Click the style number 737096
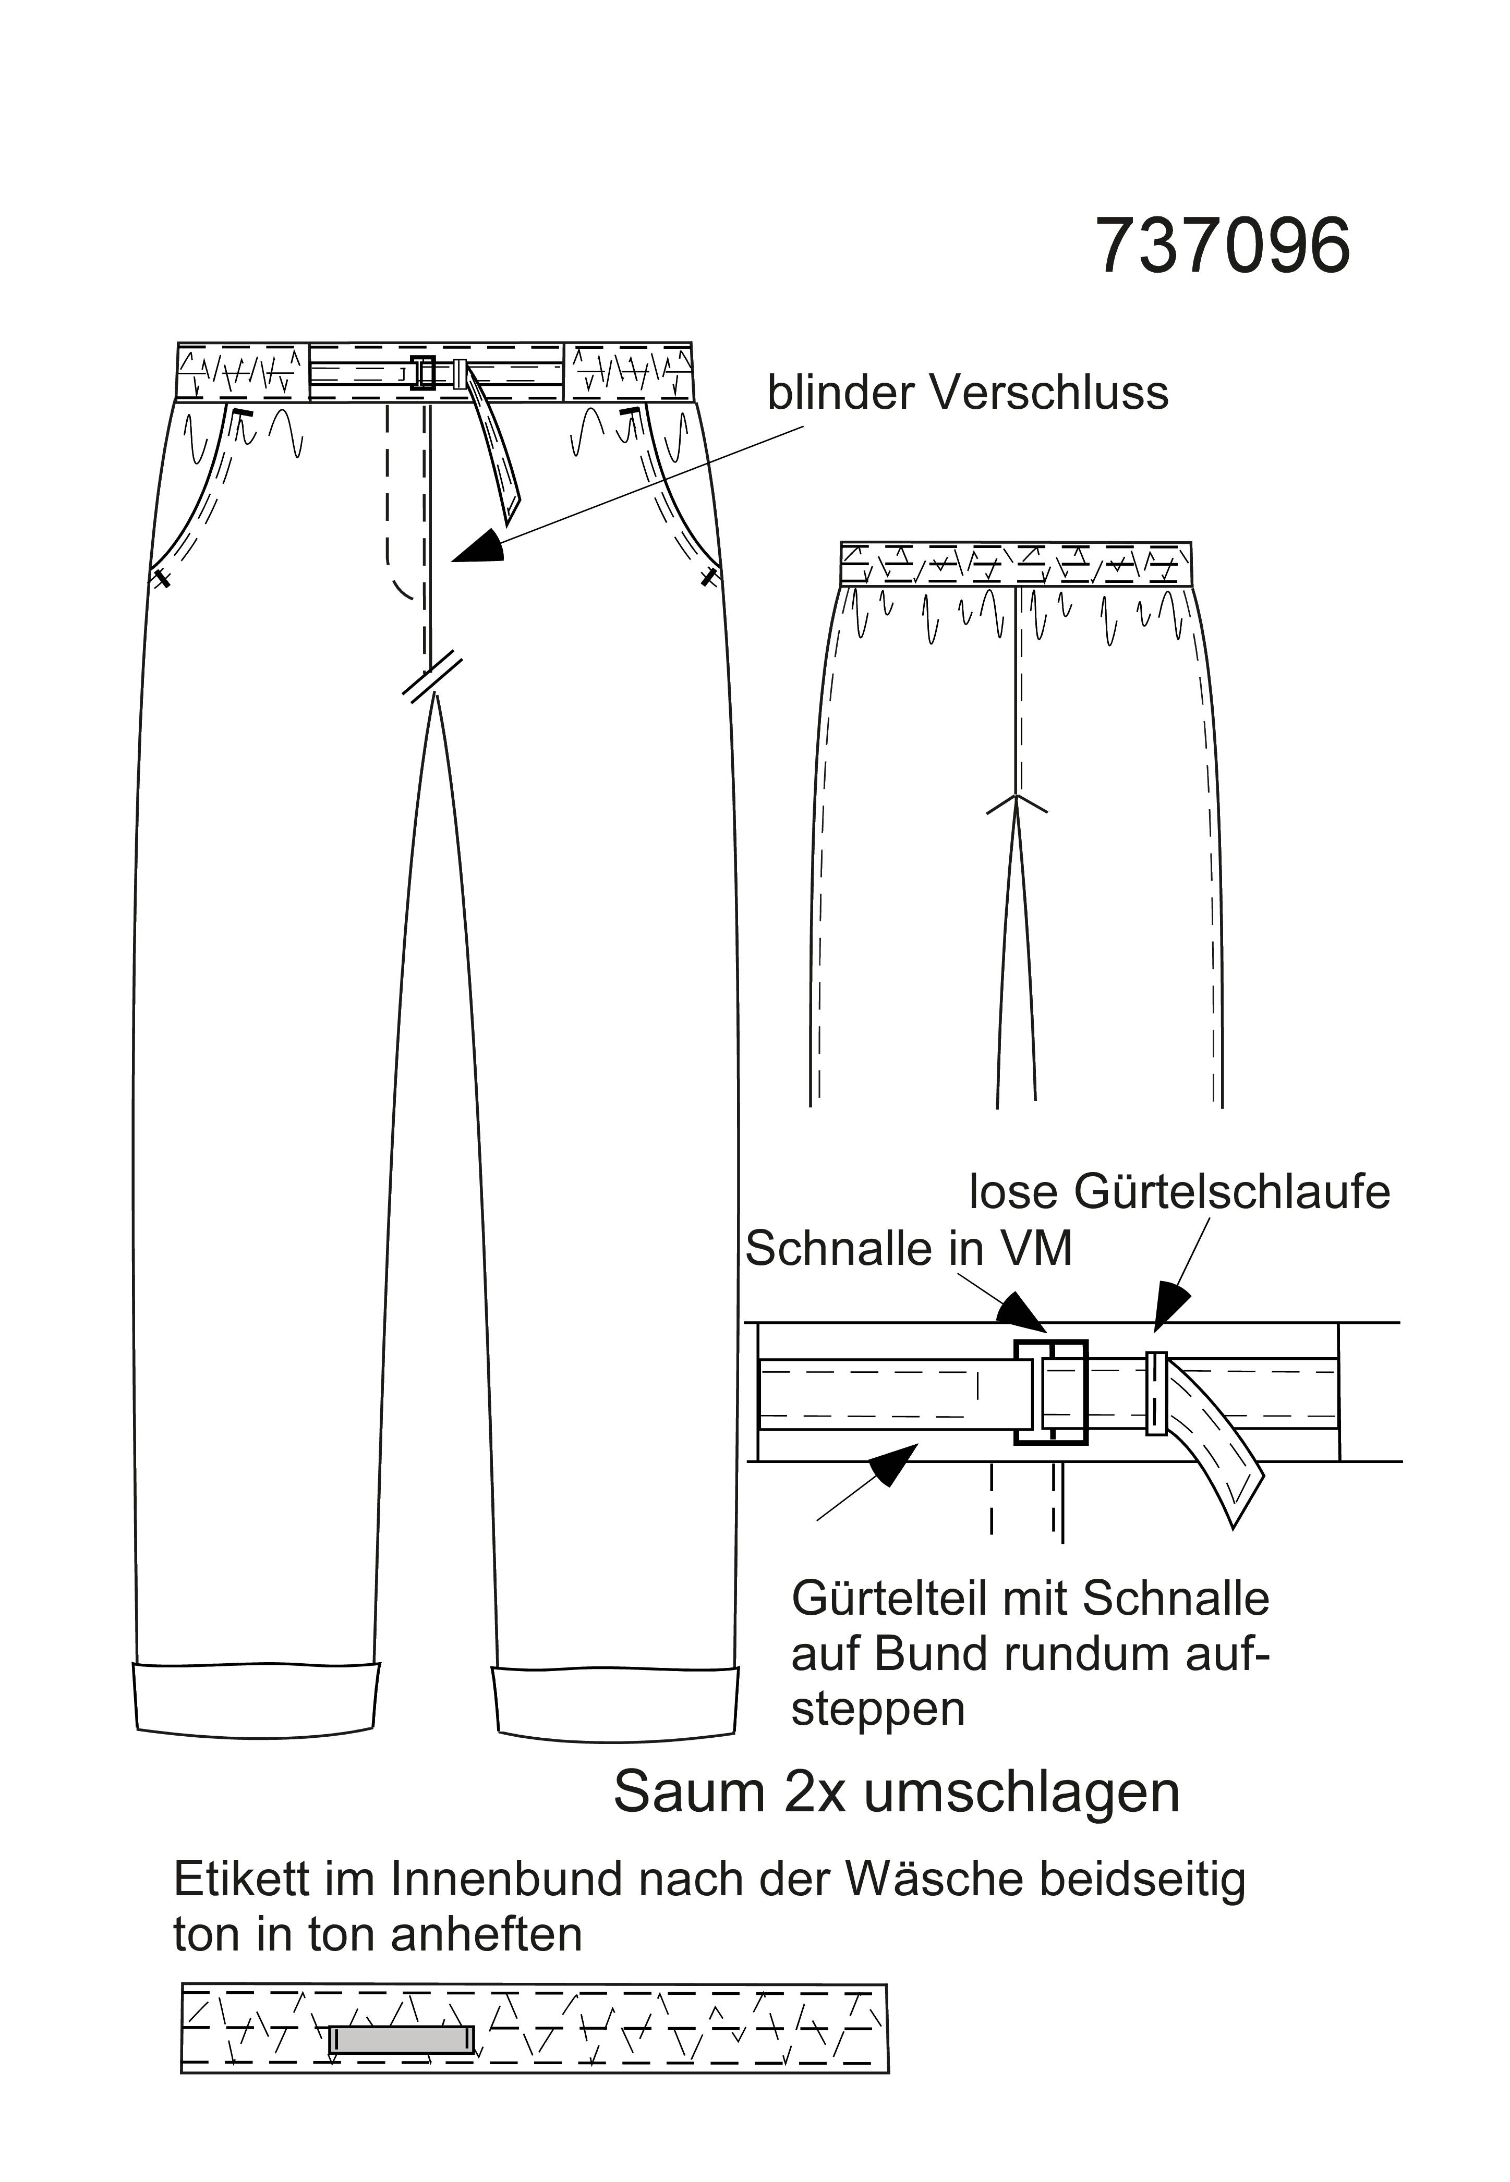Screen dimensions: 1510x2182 pos(1223,246)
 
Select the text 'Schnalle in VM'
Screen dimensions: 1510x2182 pos(908,1249)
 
